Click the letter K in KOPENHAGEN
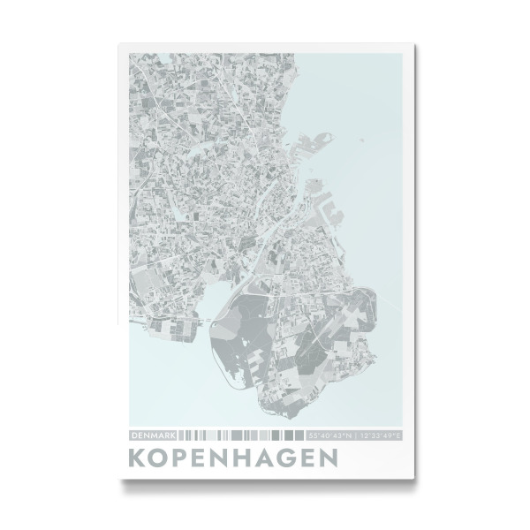[x=138, y=460]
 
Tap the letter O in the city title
[x=163, y=460]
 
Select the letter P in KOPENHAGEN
[x=187, y=460]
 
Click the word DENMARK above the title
[x=153, y=435]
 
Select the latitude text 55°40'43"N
[x=329, y=435]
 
